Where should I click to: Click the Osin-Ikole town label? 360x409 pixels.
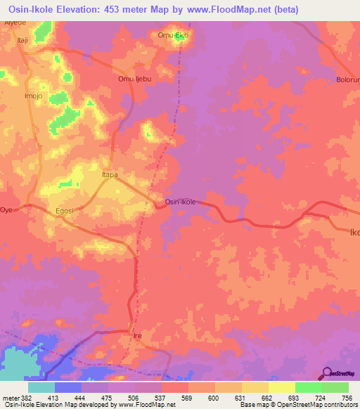[x=180, y=202]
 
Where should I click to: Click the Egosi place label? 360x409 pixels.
[x=61, y=210]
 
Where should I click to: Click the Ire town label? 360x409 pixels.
[x=138, y=336]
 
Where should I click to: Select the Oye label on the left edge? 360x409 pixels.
[x=7, y=210]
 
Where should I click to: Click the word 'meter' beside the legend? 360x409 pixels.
[x=11, y=397]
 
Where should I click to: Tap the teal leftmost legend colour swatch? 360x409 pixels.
[x=41, y=387]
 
